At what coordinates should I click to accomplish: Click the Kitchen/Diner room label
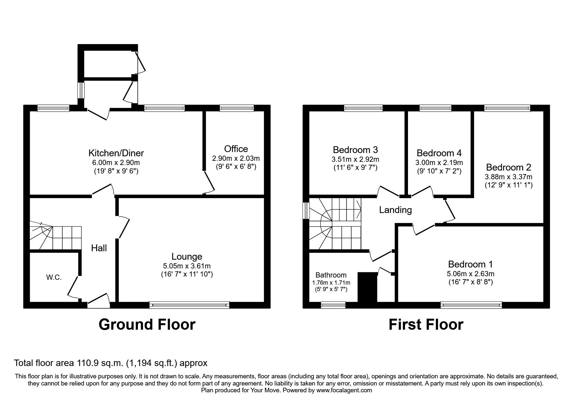tap(116, 153)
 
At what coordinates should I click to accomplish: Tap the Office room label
tap(236, 149)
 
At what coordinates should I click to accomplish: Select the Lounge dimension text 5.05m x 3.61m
tap(187, 266)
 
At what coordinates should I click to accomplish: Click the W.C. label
tap(54, 278)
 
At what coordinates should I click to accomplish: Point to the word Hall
tap(99, 248)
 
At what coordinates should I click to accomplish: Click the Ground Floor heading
tap(147, 324)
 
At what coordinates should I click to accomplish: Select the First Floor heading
tap(426, 324)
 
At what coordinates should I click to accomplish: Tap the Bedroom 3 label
tap(355, 150)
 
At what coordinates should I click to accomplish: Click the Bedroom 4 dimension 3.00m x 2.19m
tap(439, 162)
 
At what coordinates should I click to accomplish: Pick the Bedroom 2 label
tap(508, 167)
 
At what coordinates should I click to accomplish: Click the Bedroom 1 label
tap(470, 264)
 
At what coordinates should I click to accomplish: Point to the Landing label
tap(395, 210)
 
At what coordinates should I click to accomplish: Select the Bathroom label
tap(331, 275)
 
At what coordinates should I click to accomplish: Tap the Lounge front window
tap(189, 305)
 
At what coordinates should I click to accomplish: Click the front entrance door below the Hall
tap(98, 301)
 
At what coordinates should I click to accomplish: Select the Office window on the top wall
tap(237, 108)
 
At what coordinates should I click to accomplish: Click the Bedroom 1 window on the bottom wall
tap(471, 305)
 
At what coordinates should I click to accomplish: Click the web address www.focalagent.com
tap(344, 390)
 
